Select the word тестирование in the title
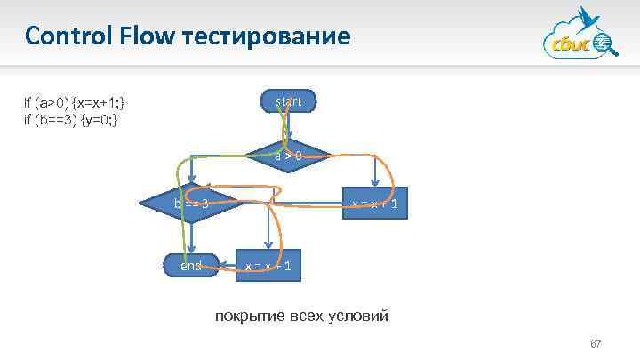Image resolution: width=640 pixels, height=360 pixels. coord(266,36)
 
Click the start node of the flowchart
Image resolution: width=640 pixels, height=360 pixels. coord(288,102)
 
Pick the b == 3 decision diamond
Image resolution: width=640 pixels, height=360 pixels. coord(191,204)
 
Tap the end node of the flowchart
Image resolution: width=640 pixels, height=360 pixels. coord(191,265)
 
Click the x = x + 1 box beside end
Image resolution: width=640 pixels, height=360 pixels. coord(268,266)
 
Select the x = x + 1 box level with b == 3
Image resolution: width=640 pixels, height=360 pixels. coord(376,204)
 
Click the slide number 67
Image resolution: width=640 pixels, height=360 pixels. coord(596,345)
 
